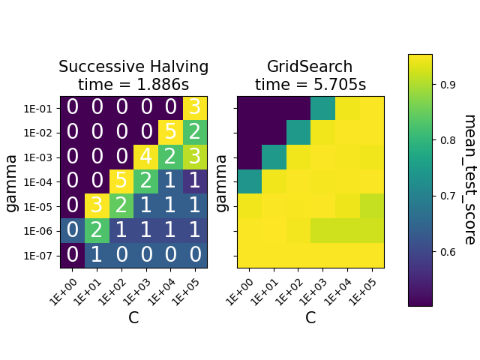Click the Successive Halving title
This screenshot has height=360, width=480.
point(133,67)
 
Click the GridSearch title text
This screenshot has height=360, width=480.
point(310,67)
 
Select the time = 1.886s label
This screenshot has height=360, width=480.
point(133,85)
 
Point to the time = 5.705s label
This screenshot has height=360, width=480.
point(310,85)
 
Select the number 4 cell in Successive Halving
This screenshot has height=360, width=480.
point(145,157)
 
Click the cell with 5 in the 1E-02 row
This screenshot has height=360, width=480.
point(170,133)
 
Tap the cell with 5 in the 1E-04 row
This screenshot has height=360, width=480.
point(121,181)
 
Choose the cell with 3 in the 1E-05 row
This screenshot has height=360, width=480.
point(97,206)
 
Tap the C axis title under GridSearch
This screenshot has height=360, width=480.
point(310,317)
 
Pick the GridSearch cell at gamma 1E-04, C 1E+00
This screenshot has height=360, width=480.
point(250,181)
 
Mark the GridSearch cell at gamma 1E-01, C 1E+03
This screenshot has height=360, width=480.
point(323,108)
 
